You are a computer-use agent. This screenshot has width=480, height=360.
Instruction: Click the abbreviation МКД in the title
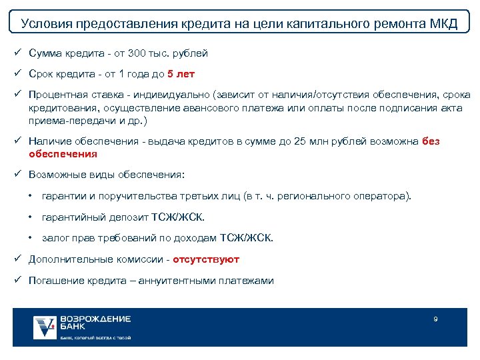[441, 25]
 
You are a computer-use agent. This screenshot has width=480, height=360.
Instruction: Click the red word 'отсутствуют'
[206, 259]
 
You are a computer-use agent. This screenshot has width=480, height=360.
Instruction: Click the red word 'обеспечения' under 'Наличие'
[63, 153]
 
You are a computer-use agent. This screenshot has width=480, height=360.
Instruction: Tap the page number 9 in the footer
[435, 319]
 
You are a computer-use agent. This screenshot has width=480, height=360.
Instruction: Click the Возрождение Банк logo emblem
[45, 327]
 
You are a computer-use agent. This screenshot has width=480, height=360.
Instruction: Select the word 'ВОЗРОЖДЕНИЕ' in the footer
[95, 319]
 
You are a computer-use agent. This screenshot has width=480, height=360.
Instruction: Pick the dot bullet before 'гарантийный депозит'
[31, 217]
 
